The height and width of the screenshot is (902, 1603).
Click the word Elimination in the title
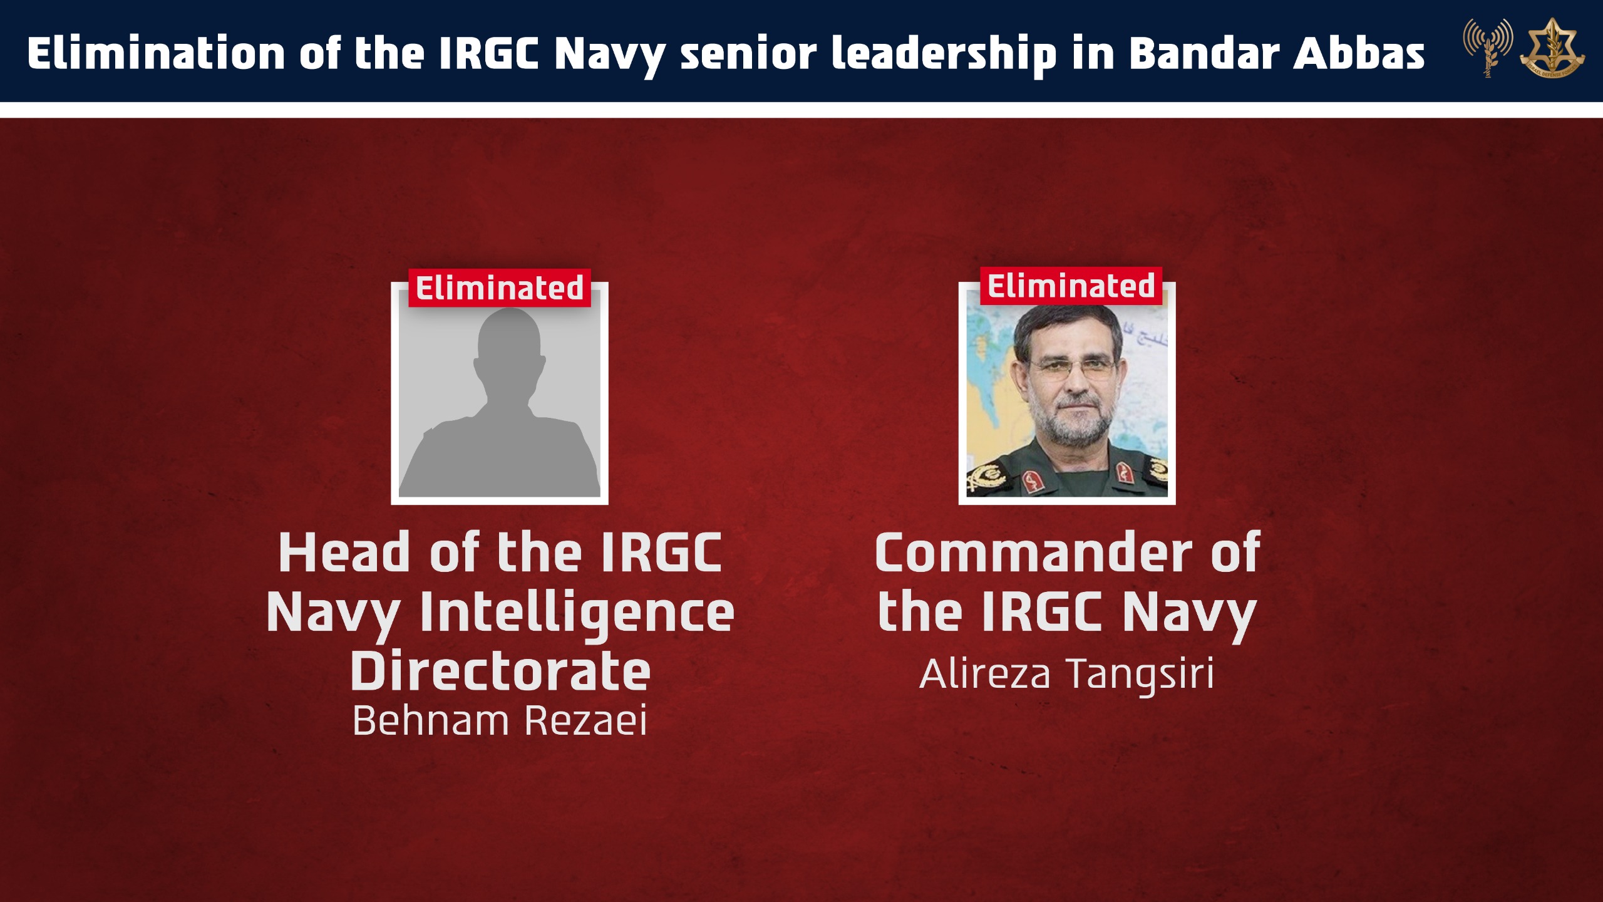tap(157, 53)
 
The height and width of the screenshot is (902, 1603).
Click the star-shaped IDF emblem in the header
tap(1552, 48)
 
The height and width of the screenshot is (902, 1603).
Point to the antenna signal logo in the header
tap(1488, 48)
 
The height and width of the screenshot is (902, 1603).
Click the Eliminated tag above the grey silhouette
tap(500, 288)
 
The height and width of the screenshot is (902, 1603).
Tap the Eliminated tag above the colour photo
tap(1071, 286)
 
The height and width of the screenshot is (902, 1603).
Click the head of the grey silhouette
tap(508, 348)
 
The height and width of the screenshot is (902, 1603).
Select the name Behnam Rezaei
tap(500, 720)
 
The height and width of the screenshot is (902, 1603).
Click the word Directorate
tap(500, 671)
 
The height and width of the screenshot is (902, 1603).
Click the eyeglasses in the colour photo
tap(1072, 370)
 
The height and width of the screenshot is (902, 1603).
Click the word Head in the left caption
tap(344, 552)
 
